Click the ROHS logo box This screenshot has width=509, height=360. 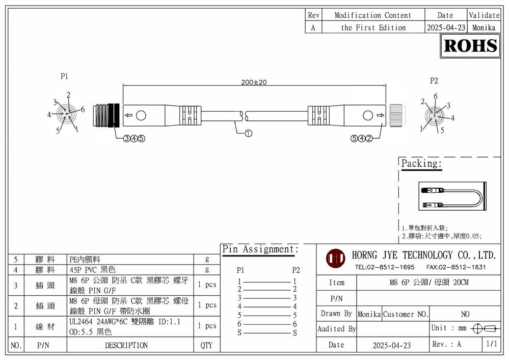[x=470, y=46]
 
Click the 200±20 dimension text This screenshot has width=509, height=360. [x=254, y=82]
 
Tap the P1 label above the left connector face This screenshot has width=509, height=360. [x=64, y=76]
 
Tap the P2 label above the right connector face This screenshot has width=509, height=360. [x=434, y=80]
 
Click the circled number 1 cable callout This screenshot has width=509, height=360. [x=249, y=134]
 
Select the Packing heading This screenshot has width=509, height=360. [x=421, y=164]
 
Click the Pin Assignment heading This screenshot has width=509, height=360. [x=260, y=249]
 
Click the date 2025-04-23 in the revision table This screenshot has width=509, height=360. [x=445, y=28]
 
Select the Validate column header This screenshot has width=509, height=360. [x=484, y=15]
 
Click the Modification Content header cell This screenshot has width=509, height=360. [x=372, y=15]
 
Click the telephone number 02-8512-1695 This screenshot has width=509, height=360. [x=384, y=267]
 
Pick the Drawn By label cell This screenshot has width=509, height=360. [x=336, y=314]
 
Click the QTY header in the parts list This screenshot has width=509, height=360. [x=206, y=345]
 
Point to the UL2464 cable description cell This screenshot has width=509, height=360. [x=130, y=326]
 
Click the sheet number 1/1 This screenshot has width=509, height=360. [x=492, y=344]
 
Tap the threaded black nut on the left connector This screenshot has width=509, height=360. [x=106, y=116]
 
